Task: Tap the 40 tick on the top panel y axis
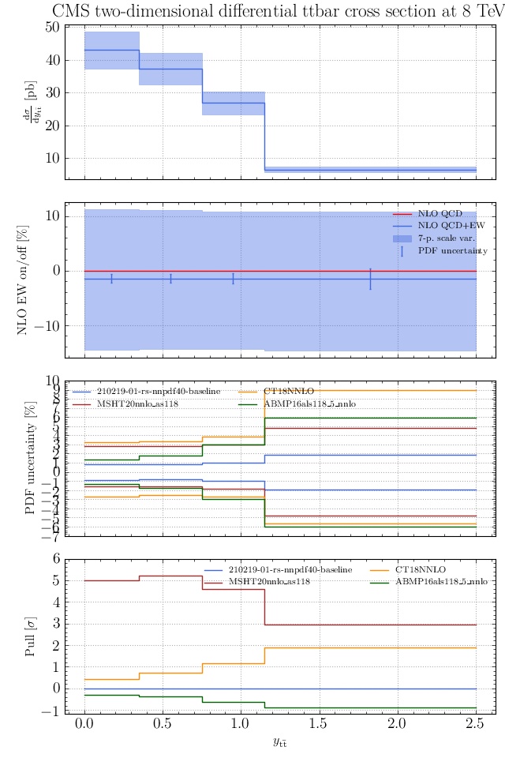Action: pyautogui.click(x=53, y=60)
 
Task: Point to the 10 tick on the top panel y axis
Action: pyautogui.click(x=53, y=158)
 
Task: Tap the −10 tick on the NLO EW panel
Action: pyautogui.click(x=49, y=326)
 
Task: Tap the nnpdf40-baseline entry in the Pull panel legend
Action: pyautogui.click(x=290, y=569)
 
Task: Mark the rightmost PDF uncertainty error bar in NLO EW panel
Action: pyautogui.click(x=370, y=279)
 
